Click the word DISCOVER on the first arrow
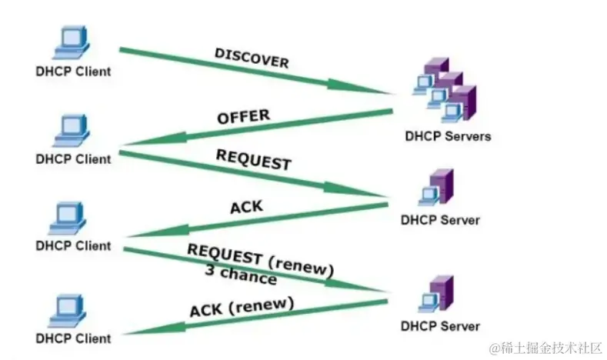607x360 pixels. (251, 58)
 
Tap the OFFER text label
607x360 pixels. (243, 117)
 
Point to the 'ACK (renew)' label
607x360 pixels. (242, 307)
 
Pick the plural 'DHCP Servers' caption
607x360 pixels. (447, 136)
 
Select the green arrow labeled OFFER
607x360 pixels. (254, 128)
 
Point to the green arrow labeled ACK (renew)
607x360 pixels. (254, 317)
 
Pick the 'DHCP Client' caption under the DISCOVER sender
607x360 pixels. (73, 72)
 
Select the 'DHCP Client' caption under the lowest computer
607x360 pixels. (73, 338)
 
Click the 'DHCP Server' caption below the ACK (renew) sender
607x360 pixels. (440, 326)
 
